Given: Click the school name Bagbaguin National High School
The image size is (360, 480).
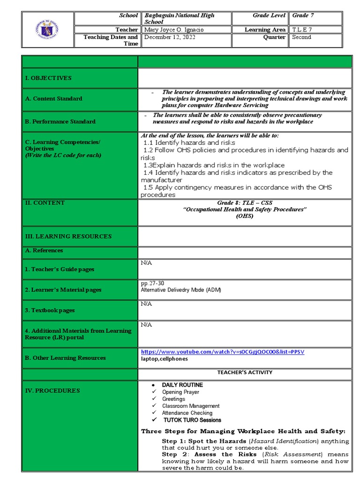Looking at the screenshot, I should (180, 18).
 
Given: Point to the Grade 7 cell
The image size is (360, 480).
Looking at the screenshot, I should (303, 15).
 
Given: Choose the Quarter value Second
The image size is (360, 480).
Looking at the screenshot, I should (301, 37).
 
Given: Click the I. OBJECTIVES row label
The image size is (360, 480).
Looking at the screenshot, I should (48, 78).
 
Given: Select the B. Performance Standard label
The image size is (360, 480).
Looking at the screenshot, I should (60, 121).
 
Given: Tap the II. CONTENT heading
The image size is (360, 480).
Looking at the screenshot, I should (45, 203).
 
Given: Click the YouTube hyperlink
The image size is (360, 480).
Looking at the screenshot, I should (223, 352).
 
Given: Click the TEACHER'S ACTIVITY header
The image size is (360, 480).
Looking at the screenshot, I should (244, 372).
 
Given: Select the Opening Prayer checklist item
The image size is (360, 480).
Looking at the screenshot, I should (180, 392).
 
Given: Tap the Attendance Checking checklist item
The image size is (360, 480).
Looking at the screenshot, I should (187, 413).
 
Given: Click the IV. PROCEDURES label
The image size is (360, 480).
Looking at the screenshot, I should (52, 390).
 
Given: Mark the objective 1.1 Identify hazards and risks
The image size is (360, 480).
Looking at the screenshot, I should (189, 142).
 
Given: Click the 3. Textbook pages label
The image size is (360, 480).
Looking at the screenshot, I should (50, 310).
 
